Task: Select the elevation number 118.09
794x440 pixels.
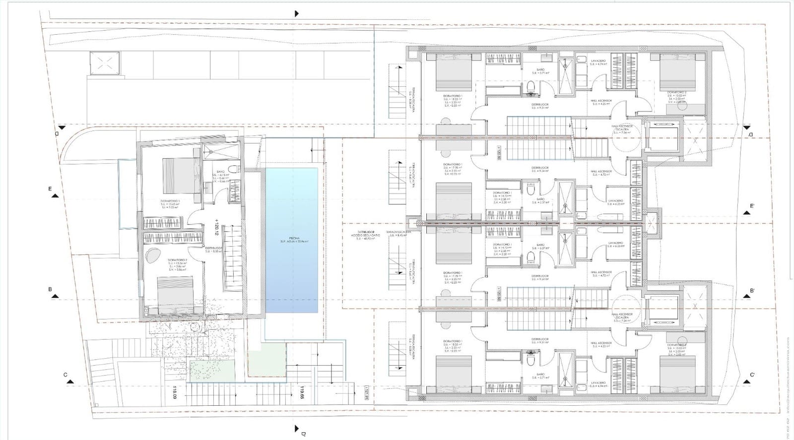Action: click(175, 393)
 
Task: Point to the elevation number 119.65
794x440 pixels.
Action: click(301, 393)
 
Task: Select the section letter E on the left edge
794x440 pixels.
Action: click(50, 189)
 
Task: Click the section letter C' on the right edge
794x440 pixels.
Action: click(752, 375)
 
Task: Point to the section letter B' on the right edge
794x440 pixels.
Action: click(752, 291)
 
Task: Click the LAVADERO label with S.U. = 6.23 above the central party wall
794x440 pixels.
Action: click(615, 201)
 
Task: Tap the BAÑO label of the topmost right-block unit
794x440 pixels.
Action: click(540, 69)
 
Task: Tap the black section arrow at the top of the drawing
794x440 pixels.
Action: click(297, 14)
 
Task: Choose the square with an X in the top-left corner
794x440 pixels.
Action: click(105, 63)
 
